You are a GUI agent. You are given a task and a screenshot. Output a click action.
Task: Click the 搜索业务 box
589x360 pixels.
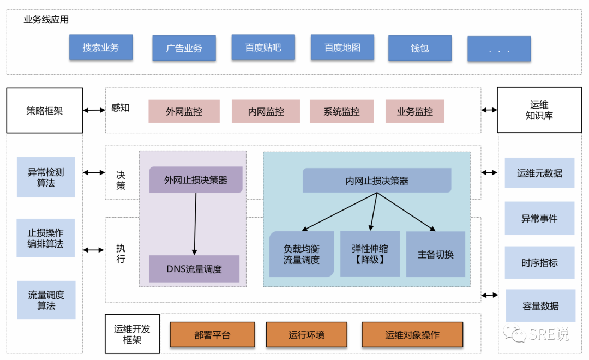tap(101, 47)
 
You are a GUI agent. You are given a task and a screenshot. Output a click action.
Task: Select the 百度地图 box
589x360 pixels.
tap(342, 47)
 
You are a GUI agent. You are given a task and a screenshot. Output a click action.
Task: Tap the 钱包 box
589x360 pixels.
tap(420, 48)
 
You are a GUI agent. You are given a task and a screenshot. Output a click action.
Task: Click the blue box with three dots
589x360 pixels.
tap(499, 49)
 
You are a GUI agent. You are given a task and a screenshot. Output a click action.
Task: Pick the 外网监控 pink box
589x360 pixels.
tap(184, 111)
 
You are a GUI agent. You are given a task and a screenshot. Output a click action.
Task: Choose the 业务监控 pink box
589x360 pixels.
tap(414, 111)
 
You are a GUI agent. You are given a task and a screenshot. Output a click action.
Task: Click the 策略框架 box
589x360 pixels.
tap(45, 111)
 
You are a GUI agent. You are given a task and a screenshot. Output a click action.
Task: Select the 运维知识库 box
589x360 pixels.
tap(539, 110)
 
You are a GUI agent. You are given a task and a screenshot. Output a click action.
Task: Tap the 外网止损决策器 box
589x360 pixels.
tap(196, 179)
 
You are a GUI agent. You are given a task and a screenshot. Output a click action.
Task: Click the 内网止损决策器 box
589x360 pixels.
tap(377, 181)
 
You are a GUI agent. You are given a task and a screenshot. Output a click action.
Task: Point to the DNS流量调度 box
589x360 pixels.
tap(194, 269)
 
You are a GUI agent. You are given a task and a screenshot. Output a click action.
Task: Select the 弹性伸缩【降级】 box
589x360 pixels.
tap(370, 254)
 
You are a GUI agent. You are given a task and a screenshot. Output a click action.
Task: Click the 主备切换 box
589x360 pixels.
tap(435, 254)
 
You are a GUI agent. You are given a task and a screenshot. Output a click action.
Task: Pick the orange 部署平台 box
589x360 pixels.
tap(212, 334)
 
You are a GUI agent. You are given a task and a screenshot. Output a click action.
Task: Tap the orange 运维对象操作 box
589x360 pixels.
tap(412, 334)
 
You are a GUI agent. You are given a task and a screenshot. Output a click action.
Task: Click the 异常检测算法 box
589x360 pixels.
tap(46, 177)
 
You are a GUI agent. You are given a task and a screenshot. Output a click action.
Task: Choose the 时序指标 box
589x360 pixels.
tap(539, 263)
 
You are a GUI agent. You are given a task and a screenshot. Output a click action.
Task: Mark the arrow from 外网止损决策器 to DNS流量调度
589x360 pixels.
tap(195, 224)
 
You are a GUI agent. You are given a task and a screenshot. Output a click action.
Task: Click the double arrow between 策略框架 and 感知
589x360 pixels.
tap(94, 110)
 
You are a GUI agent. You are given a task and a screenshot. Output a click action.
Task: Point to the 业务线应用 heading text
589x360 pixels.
tap(46, 20)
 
